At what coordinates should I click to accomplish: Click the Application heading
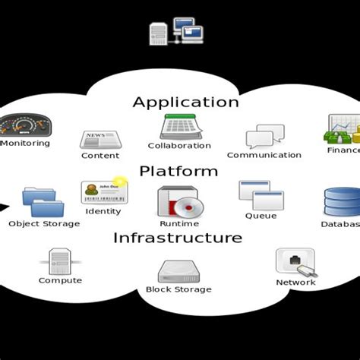click(185, 102)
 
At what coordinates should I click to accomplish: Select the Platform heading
click(178, 171)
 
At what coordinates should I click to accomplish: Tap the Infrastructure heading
click(178, 238)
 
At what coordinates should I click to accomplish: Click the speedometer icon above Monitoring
click(24, 125)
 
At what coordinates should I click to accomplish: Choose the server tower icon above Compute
click(60, 261)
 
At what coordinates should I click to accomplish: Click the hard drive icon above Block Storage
click(178, 271)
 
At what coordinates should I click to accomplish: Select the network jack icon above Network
click(295, 262)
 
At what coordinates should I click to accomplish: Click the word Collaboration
click(179, 146)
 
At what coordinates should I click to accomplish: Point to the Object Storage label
click(44, 224)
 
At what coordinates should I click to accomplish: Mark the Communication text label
click(264, 155)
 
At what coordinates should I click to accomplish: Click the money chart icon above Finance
click(343, 130)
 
